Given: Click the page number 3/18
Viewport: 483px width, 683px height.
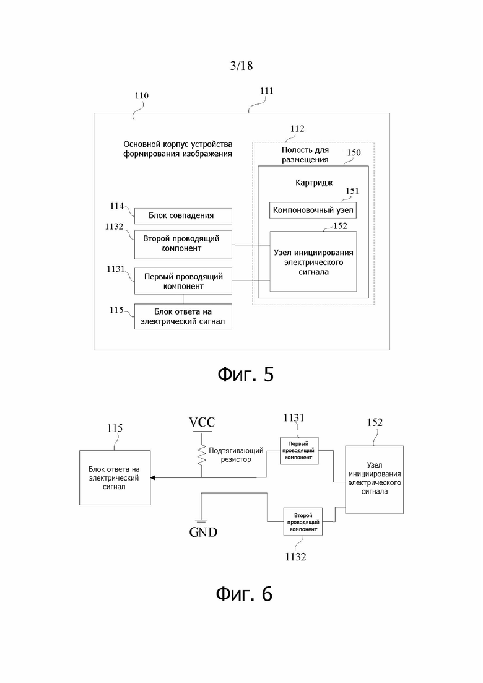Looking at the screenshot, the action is (241, 66).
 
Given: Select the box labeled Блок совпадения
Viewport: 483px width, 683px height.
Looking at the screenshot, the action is (183, 215).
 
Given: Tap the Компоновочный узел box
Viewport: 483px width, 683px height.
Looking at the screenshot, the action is (313, 211).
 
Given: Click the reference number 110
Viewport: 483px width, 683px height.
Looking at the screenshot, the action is (141, 95).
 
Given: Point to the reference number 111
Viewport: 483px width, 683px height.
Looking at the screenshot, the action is (266, 90).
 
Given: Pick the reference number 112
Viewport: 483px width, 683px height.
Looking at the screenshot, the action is (297, 129).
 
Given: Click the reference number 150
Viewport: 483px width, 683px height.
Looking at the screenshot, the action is (354, 152).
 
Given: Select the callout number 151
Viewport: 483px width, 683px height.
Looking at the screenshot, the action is (352, 191).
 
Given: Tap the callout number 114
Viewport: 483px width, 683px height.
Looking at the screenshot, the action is (116, 206).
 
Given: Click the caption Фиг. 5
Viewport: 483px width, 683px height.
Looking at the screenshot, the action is (246, 375).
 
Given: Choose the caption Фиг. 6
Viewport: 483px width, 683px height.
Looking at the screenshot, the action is (245, 594).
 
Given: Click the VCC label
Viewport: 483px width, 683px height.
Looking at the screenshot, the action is (202, 422).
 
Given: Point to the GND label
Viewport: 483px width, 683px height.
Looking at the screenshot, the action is (203, 533).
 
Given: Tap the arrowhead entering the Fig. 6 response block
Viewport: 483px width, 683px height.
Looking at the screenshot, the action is (153, 478).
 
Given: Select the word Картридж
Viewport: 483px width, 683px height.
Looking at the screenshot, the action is (314, 183).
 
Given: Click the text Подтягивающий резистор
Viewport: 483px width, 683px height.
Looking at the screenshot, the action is (236, 455).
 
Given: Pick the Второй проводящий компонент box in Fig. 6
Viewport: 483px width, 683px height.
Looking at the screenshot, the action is (303, 521).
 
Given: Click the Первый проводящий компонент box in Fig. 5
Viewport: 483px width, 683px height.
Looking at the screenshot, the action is (183, 281).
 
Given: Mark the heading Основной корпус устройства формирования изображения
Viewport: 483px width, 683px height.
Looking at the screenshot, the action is (178, 149).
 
